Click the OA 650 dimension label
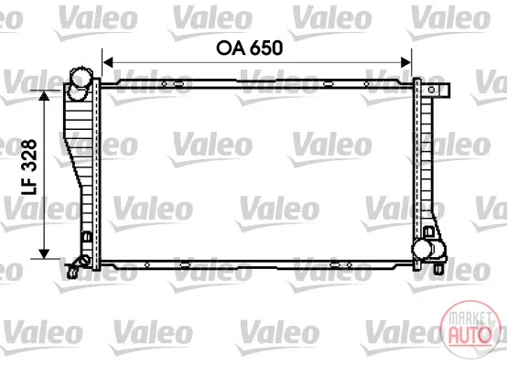249,48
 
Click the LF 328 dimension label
29,167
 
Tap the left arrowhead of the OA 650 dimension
107,62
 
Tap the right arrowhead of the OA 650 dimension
406,62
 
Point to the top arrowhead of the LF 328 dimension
44,96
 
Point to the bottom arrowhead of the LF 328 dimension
44,253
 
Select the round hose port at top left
81,78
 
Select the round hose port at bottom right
422,249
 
